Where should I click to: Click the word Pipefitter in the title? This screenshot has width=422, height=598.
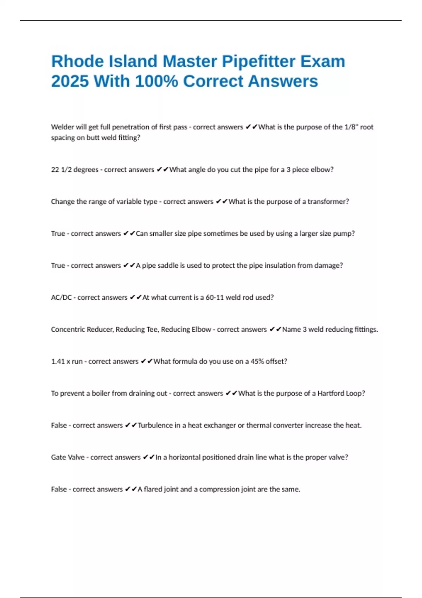coord(258,62)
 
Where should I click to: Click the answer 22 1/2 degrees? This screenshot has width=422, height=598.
coord(75,170)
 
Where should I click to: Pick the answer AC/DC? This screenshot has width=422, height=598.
coord(61,298)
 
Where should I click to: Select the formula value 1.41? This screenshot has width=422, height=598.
coord(58,361)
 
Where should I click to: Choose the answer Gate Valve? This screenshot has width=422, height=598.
coord(68,457)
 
